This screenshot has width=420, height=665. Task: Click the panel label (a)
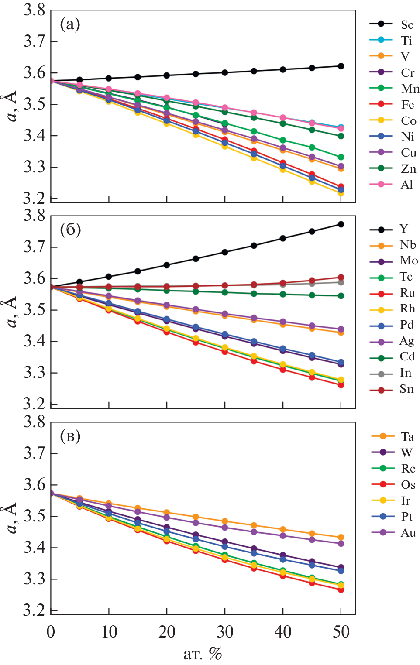coord(70,24)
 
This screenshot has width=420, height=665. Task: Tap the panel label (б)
coord(70,229)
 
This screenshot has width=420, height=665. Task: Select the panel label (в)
coord(70,435)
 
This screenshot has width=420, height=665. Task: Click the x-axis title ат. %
coord(203,654)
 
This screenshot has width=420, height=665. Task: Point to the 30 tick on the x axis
coord(225,631)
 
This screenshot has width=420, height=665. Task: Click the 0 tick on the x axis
coord(51,631)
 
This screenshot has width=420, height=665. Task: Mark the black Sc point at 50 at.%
coord(341,66)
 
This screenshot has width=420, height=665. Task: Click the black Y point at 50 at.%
coord(341,224)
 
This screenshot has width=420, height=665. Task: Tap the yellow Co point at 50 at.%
coord(341,193)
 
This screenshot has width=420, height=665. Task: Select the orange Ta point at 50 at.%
coord(341,538)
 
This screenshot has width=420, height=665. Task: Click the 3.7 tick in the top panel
coord(34,41)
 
